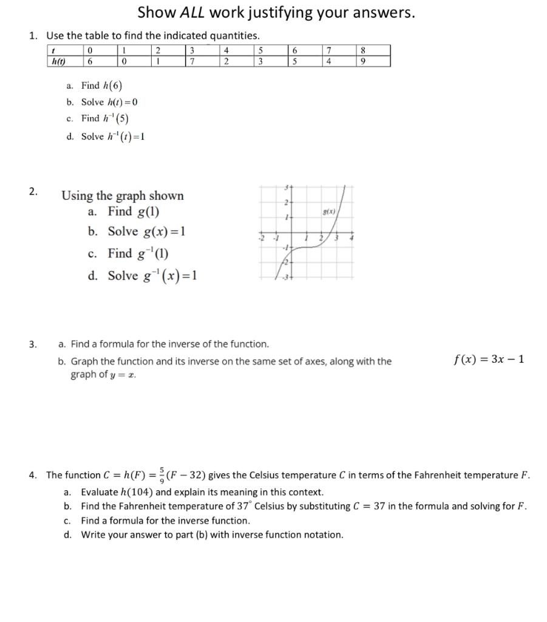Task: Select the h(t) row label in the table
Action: pyautogui.click(x=58, y=61)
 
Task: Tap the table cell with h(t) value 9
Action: pyautogui.click(x=362, y=61)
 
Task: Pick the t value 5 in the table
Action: pyautogui.click(x=260, y=50)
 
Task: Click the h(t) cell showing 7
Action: pyautogui.click(x=192, y=61)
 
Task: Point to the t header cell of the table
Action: pyautogui.click(x=54, y=50)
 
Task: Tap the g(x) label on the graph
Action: pyautogui.click(x=330, y=213)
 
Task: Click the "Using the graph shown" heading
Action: pyautogui.click(x=123, y=196)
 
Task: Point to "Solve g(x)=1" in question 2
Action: pyautogui.click(x=146, y=232)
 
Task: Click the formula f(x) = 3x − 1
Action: pyautogui.click(x=489, y=359)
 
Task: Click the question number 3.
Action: pyautogui.click(x=33, y=344)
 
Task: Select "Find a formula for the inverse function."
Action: pyautogui.click(x=165, y=521)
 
